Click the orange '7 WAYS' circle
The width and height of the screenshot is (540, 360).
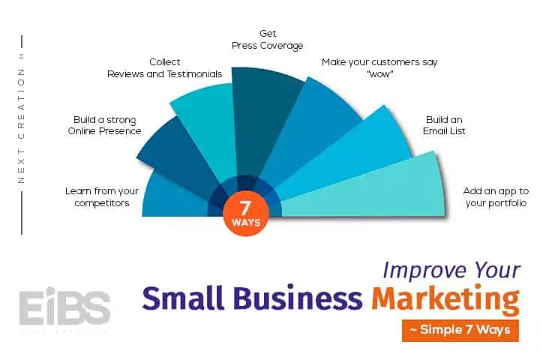[x=245, y=215]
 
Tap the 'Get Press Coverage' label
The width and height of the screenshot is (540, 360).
[x=268, y=40]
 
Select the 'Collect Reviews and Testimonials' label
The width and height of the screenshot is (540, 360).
[x=164, y=67]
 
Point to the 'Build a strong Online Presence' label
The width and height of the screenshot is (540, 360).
[x=105, y=125]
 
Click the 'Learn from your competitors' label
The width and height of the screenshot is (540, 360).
[x=102, y=197]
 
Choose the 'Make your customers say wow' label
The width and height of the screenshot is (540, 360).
[x=379, y=67]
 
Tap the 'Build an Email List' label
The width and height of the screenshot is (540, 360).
[x=444, y=125]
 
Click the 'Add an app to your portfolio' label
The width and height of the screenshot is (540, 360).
[x=496, y=197]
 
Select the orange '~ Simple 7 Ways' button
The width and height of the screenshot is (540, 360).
[x=460, y=331]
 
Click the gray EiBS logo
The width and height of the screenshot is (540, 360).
[x=64, y=307]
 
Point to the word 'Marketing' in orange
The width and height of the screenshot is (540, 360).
[x=445, y=299]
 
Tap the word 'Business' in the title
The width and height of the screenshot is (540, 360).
[x=298, y=297]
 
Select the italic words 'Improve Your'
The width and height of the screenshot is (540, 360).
[x=451, y=270]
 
